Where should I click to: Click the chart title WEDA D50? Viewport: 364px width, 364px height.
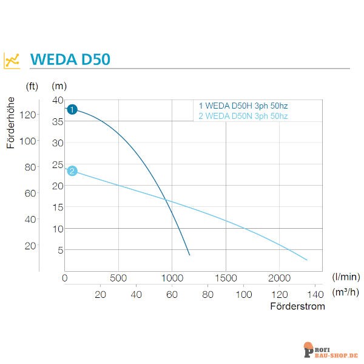click(69, 60)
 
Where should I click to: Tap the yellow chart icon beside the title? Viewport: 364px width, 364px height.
click(12, 60)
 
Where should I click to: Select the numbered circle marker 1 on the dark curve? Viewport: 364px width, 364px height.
click(72, 109)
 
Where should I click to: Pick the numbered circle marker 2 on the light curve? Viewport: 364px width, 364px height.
click(72, 171)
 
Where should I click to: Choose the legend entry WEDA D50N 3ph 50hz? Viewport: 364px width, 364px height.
click(243, 115)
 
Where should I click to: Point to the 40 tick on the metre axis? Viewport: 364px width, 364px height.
click(58, 100)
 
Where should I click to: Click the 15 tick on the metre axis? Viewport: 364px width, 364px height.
click(58, 207)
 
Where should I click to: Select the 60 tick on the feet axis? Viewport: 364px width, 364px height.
click(30, 194)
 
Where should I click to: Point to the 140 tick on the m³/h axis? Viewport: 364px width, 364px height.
click(315, 294)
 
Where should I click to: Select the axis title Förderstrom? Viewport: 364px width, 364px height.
click(297, 306)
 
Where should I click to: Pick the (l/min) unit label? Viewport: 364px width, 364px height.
click(346, 277)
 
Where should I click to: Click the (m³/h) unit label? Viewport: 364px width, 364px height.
click(346, 292)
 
